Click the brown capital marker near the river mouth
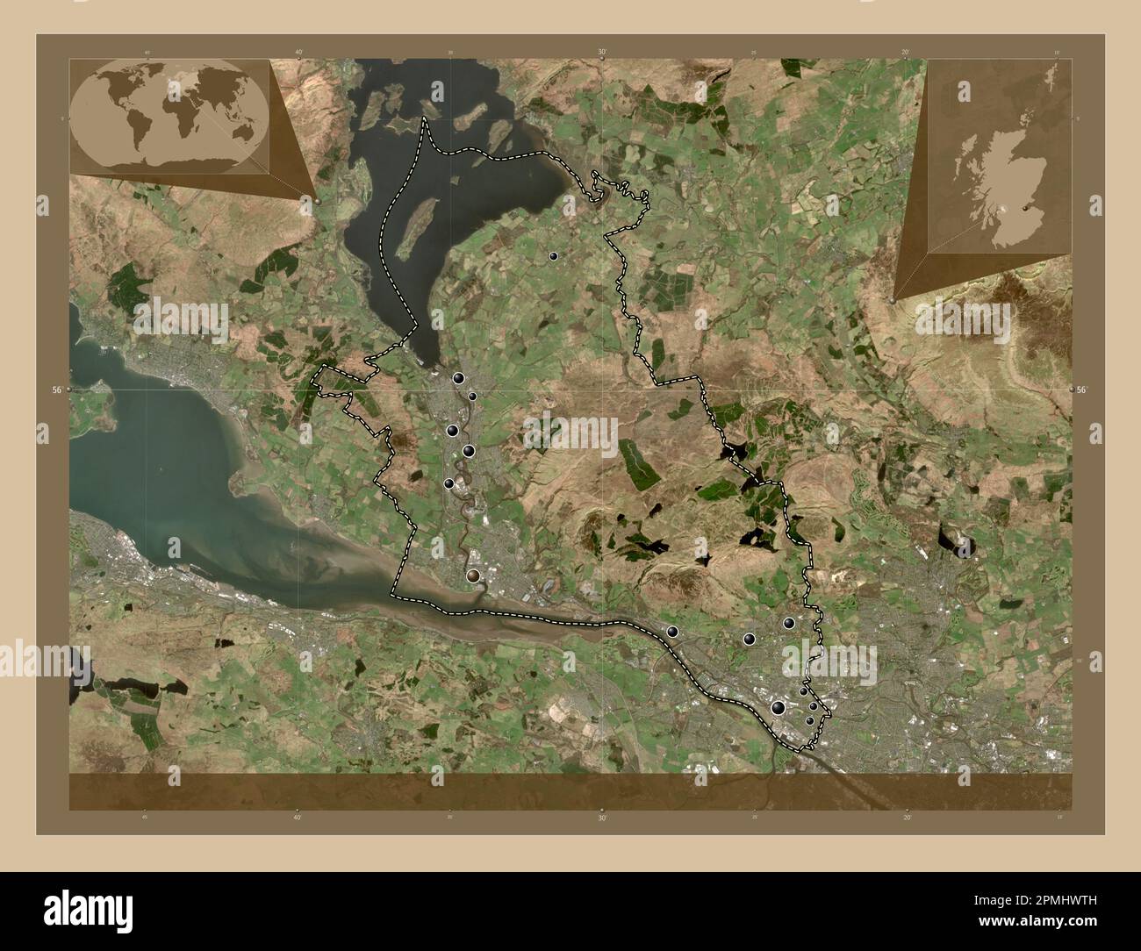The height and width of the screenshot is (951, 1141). [474, 576]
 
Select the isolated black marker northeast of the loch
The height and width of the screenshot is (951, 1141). [553, 256]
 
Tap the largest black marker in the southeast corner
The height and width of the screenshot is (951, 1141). [778, 707]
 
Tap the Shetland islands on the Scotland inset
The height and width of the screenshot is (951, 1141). [1048, 78]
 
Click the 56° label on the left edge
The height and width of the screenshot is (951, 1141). [55, 389]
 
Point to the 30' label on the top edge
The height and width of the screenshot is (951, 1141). [602, 53]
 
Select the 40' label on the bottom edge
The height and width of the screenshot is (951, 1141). [298, 818]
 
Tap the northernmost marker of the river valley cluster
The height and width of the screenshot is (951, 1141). [458, 379]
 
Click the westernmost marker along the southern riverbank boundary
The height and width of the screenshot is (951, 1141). [673, 632]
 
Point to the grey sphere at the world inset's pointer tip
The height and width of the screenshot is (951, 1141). [318, 201]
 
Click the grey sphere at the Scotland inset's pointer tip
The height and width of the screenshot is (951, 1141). [893, 300]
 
